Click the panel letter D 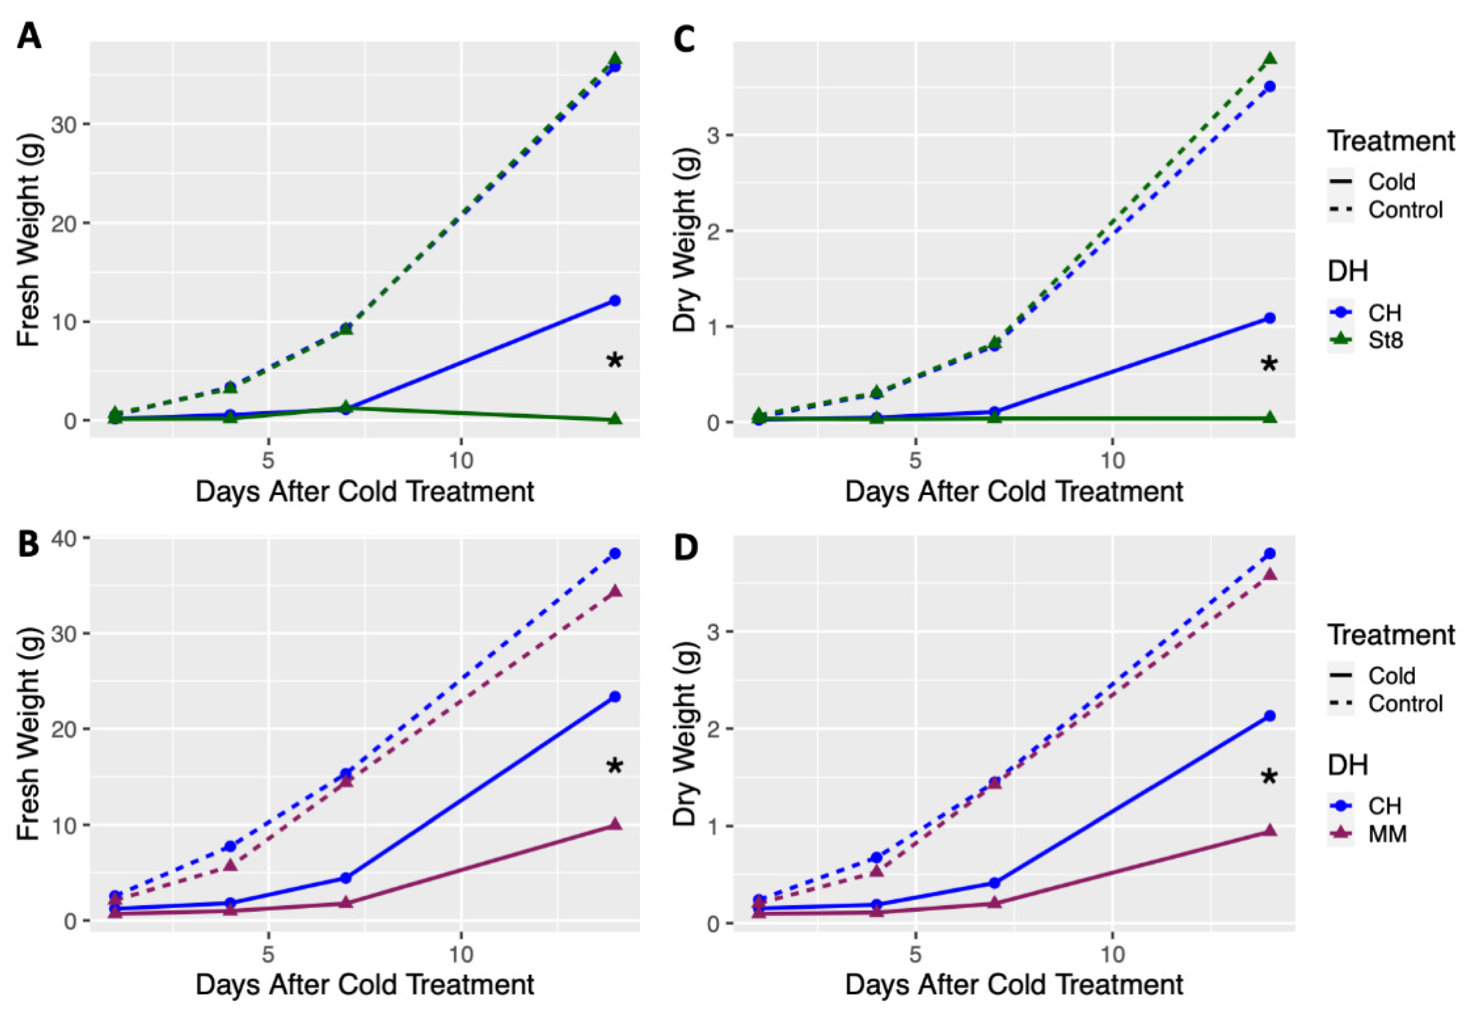(x=686, y=549)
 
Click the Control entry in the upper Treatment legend (x=1387, y=210)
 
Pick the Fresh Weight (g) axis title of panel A (x=29, y=239)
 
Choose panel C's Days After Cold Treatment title (x=1014, y=492)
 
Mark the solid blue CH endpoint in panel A (x=615, y=300)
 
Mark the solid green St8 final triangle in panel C (x=1269, y=417)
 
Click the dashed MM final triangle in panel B (x=615, y=592)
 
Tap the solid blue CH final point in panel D (x=1269, y=716)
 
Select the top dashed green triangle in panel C (x=1269, y=58)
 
